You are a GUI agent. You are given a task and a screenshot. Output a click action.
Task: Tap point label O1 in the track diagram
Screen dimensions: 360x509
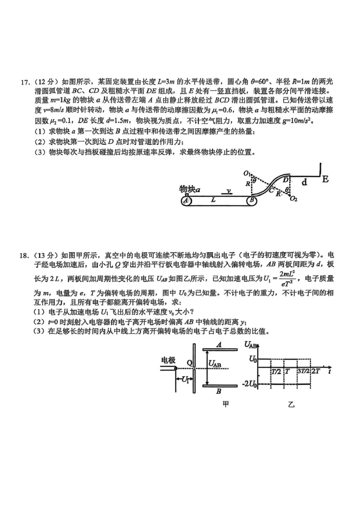(247, 173)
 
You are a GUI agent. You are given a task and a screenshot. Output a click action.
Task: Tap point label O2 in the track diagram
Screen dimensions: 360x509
(294, 198)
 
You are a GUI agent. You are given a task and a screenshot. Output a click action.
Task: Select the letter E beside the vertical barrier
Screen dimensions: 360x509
(325, 179)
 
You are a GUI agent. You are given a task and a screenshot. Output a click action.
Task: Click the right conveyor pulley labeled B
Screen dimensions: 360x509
(252, 201)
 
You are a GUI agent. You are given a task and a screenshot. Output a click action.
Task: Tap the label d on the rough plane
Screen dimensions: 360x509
(305, 182)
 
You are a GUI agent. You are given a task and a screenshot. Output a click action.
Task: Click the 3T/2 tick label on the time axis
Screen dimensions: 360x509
(303, 371)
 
